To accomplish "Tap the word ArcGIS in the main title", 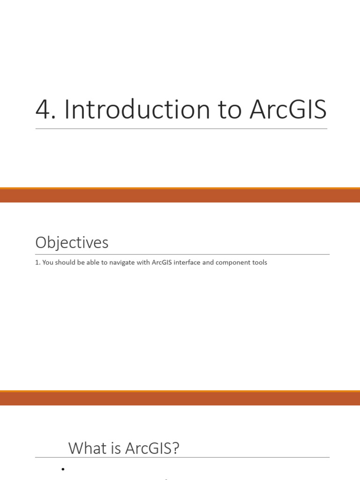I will click(288, 110).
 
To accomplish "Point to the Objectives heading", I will click(72, 243).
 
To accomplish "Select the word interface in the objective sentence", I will click(187, 262).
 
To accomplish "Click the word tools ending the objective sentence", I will click(259, 262).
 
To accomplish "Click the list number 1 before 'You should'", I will click(37, 262).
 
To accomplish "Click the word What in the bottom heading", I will click(86, 448).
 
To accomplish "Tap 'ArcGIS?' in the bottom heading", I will click(152, 448).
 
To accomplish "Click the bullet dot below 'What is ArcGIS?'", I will click(62, 469).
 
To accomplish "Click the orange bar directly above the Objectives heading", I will click(180, 195).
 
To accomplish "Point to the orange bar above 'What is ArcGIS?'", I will click(180, 398).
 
